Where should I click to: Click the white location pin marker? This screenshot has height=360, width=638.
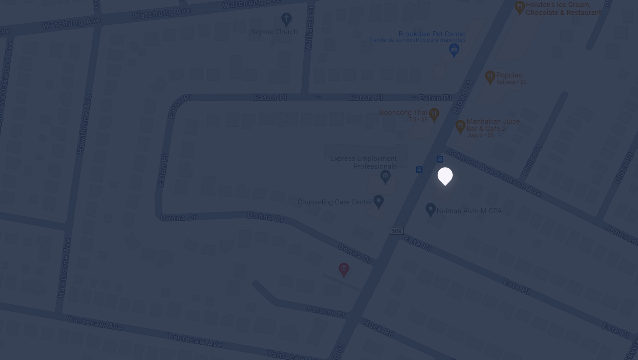[445, 176]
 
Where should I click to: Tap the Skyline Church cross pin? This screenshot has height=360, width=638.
[286, 19]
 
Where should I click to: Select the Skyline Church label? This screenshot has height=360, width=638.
[274, 32]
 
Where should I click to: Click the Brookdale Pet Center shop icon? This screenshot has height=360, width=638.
[454, 50]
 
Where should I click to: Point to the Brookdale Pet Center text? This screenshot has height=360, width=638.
[432, 34]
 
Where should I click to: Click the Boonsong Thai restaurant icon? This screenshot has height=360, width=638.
[434, 114]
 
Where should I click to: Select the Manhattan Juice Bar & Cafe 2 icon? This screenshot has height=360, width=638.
[460, 126]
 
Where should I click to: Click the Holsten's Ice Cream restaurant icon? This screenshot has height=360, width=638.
[520, 7]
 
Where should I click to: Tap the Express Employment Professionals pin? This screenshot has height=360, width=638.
[385, 176]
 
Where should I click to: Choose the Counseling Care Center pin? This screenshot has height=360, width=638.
[378, 201]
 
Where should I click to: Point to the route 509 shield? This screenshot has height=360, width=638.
[396, 231]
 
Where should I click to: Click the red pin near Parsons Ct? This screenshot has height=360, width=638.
[344, 269]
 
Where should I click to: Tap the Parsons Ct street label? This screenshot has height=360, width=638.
[326, 311]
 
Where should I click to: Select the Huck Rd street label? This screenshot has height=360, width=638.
[378, 328]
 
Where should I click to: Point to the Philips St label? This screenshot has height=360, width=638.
[532, 160]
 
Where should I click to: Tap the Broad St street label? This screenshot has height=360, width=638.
[462, 97]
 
